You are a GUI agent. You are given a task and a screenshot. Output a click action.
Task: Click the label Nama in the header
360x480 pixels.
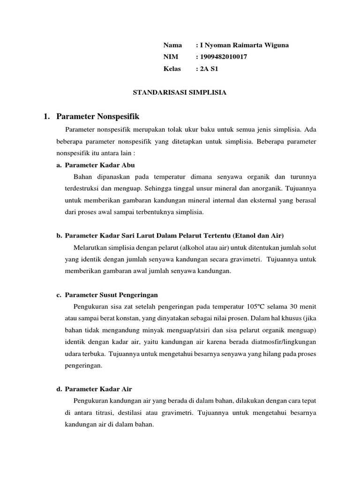pyautogui.click(x=172, y=45)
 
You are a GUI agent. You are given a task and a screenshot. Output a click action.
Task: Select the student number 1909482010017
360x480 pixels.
pyautogui.click(x=224, y=57)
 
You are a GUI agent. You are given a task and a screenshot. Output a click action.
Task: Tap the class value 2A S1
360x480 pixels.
pyautogui.click(x=209, y=68)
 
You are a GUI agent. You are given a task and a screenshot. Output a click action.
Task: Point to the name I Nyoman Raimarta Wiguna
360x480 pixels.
pyautogui.click(x=244, y=45)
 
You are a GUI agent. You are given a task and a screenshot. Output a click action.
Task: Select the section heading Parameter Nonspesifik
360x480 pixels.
pyautogui.click(x=97, y=116)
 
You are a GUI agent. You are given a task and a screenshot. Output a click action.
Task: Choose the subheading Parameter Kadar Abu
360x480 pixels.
pyautogui.click(x=100, y=165)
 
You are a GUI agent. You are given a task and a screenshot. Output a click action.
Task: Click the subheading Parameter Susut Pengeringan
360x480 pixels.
pyautogui.click(x=111, y=295)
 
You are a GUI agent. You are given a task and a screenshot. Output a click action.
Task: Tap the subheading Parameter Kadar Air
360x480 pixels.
pyautogui.click(x=98, y=389)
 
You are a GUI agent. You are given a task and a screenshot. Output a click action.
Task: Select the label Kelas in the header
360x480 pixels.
pyautogui.click(x=172, y=68)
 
